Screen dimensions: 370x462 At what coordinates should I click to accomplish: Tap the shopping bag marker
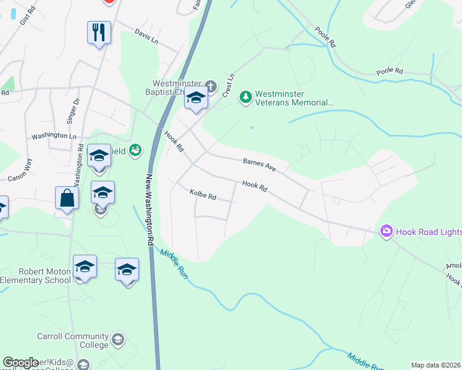pos(67,198)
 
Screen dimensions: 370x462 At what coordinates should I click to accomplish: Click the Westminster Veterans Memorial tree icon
pos(246,97)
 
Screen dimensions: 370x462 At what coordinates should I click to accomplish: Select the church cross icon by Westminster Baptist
pos(211,86)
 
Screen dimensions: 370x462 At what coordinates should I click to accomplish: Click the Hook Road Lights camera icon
pos(387,231)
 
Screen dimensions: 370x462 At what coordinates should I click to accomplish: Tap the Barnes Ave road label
pos(259,163)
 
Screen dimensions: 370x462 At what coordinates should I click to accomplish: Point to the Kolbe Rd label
pos(203,195)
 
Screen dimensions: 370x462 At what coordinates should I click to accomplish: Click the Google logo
pos(20,363)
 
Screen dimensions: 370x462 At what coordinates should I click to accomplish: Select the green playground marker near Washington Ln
pos(135,149)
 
